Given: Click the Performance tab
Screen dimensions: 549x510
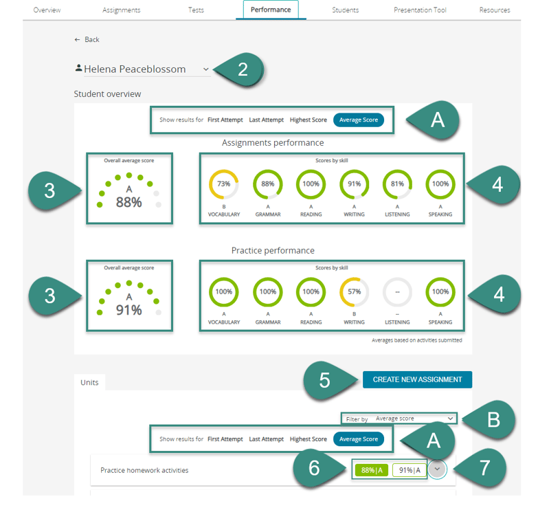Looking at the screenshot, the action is point(271,10).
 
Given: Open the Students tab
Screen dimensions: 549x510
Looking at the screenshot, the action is point(345,10).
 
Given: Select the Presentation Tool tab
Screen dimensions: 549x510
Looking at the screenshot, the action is point(420,10).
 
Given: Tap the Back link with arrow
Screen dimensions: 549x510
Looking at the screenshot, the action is point(87,40).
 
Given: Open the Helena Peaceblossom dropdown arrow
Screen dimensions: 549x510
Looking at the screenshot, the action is point(206,69).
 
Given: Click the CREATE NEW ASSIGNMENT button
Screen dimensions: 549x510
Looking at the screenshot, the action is point(417,379).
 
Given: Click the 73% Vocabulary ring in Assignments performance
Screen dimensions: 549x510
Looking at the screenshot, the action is point(224,170).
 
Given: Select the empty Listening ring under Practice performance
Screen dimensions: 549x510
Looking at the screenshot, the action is point(397,278).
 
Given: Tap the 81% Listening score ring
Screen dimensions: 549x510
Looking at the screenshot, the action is point(397,170).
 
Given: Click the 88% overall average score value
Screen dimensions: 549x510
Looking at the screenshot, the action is point(129,203).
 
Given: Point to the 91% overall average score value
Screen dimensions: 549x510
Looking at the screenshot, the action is point(129,311).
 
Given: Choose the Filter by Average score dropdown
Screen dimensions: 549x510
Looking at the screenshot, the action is point(399,419).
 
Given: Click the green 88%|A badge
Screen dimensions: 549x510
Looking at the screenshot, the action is point(372,470).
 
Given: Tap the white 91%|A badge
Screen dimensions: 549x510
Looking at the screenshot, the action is point(410,470).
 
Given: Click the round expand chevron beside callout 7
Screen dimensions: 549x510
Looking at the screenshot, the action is point(437,469).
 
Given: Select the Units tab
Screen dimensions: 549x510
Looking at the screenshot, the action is point(89,382).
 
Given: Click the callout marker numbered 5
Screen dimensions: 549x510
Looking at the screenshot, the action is point(329,380).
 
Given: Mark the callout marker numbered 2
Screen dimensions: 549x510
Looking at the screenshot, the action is point(240,69).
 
